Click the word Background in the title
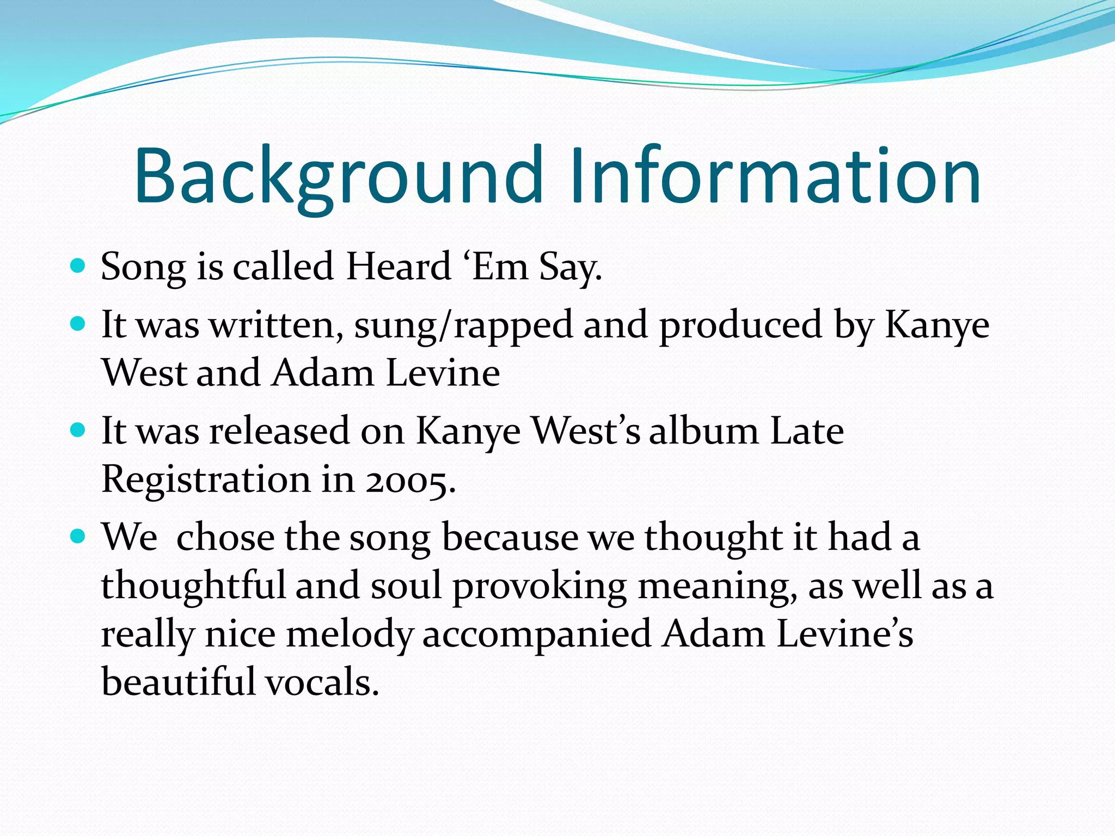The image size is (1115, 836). (x=338, y=177)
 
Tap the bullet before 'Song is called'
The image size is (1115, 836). (x=78, y=266)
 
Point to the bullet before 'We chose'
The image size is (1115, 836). (x=78, y=537)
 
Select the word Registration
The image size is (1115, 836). (x=206, y=480)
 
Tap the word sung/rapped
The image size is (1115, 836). (x=463, y=325)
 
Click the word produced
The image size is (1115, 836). (x=740, y=325)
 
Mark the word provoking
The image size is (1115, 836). (x=540, y=587)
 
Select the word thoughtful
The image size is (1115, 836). (x=193, y=586)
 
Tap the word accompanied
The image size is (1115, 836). (x=537, y=635)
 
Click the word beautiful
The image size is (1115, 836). (x=178, y=683)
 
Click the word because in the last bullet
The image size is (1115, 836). (x=510, y=537)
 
